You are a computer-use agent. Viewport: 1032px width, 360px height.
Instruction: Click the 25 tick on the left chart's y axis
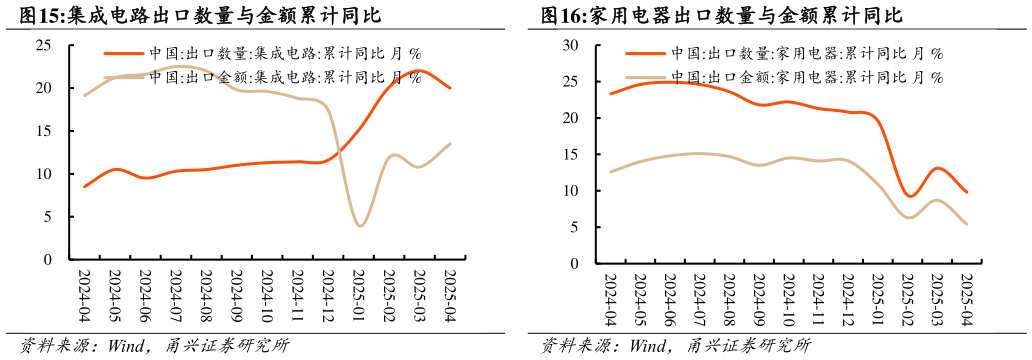tap(44, 45)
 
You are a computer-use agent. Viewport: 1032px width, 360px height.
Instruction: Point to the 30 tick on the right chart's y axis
tap(570, 45)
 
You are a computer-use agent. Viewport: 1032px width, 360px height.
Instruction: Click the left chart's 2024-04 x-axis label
tap(86, 296)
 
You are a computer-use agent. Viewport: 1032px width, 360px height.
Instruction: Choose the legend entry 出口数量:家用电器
tap(806, 53)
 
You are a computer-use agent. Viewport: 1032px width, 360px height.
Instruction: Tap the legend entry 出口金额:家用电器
tap(806, 76)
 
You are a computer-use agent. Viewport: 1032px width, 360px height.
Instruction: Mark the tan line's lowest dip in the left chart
tap(360, 226)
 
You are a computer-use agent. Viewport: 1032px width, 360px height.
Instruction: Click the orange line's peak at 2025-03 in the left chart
tap(420, 71)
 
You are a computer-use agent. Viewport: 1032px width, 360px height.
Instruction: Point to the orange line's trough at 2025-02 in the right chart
tap(909, 196)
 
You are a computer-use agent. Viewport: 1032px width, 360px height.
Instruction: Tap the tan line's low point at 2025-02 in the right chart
tap(909, 218)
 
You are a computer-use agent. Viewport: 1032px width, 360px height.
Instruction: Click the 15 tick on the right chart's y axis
tap(570, 154)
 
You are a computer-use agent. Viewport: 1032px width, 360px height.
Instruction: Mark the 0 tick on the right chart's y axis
tap(574, 264)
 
